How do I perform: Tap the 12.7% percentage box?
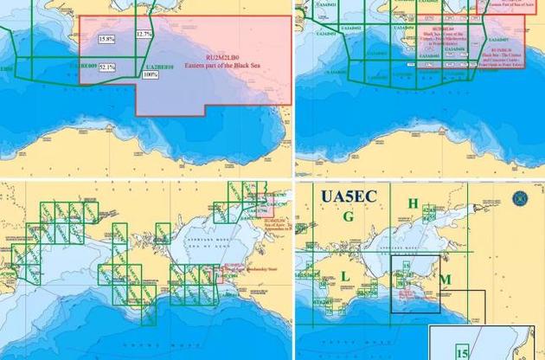[144, 35]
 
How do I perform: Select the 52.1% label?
[106, 67]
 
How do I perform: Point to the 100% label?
[151, 74]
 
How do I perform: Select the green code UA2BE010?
[159, 67]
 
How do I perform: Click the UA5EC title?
[348, 196]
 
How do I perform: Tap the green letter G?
[348, 216]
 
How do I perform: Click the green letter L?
[346, 274]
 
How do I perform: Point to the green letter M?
[446, 280]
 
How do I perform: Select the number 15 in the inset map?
[463, 352]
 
